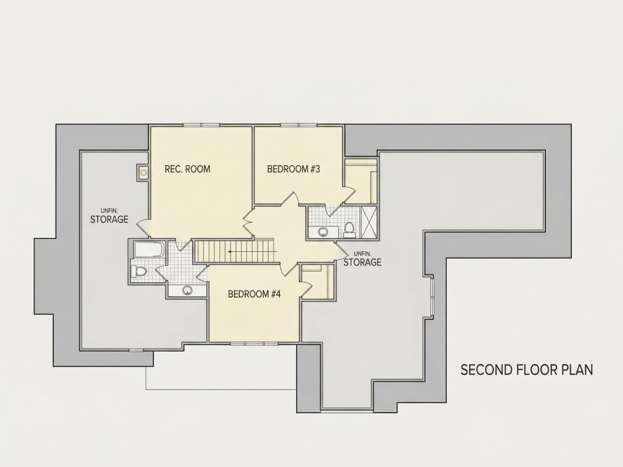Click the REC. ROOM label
pos(187,169)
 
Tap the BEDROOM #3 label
pos(293,169)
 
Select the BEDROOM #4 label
pos(254,294)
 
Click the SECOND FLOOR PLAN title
pos(527,370)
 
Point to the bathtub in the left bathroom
pos(149,249)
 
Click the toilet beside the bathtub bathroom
pos(139,272)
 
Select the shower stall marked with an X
pos(369,222)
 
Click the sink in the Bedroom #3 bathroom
pos(323,232)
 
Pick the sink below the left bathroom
pos(187,290)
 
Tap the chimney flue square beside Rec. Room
pos(143,172)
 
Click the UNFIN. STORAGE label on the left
pos(109,216)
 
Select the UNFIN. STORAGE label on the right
pos(362,259)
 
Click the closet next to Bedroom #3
pos(361,182)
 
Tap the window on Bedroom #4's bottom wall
pos(254,343)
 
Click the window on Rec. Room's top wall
pos(201,125)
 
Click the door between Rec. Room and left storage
pos(143,227)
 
